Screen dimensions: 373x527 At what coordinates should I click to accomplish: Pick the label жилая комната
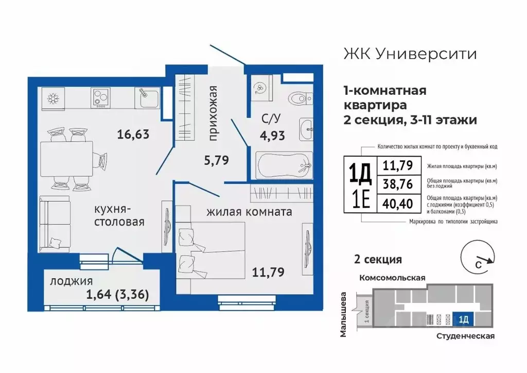pos(250,211)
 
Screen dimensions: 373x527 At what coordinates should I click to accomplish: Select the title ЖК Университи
pos(409,54)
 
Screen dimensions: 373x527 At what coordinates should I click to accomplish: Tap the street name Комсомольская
pos(392,278)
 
